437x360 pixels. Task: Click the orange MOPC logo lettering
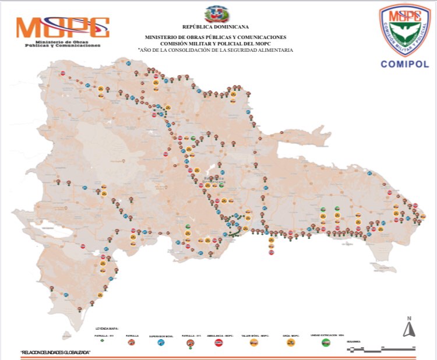pos(62,27)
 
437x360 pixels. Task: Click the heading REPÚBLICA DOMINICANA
pos(215,27)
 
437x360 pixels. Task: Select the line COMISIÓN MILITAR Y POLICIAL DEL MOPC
pos(216,43)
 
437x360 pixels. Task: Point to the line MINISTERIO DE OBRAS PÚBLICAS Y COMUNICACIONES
pos(216,37)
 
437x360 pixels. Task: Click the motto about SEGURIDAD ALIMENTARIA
pos(216,50)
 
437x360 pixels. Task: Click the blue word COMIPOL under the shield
pos(404,64)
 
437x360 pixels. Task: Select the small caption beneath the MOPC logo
pos(67,44)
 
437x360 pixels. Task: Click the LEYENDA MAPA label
pos(107,329)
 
